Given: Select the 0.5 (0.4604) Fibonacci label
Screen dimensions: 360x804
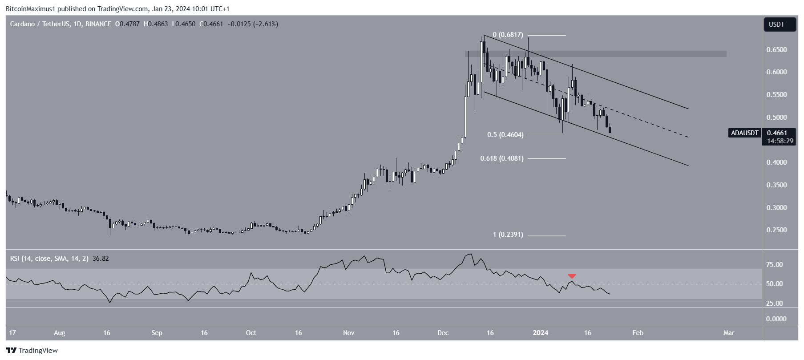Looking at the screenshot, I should (x=505, y=135).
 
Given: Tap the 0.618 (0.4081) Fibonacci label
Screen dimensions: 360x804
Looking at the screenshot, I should (x=502, y=158).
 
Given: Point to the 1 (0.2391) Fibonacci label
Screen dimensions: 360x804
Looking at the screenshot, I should (x=508, y=235).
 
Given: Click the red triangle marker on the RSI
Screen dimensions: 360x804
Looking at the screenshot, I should (x=572, y=276).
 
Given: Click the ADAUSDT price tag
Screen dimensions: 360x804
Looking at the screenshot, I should (x=745, y=133).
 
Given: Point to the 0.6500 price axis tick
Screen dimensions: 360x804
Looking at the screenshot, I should (x=776, y=50).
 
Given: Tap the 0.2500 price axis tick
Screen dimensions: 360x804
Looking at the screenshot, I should (x=776, y=231).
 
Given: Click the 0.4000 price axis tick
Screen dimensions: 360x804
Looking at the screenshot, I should (x=776, y=163).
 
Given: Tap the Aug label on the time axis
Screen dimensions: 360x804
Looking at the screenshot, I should (x=59, y=333).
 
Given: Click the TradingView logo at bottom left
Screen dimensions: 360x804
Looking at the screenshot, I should (x=32, y=351).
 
